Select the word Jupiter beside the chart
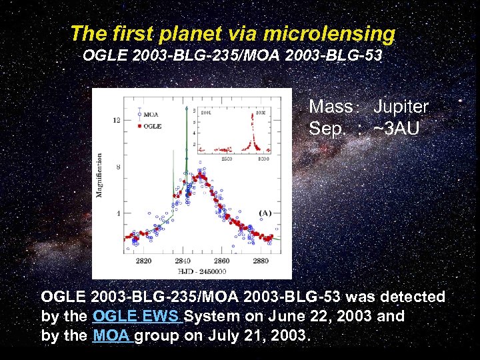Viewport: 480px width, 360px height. pos(401,107)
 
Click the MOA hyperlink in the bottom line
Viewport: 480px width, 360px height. pos(111,335)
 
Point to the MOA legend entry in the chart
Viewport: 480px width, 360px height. pos(150,115)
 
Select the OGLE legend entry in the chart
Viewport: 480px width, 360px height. pos(151,125)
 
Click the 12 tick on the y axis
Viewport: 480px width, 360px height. pos(117,120)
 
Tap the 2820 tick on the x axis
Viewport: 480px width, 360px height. pos(143,261)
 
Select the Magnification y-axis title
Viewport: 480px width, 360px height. pos(100,175)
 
